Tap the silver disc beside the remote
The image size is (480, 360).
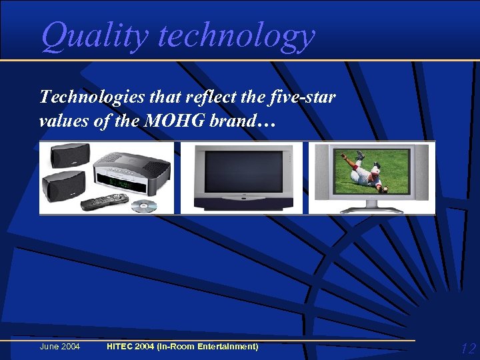[x=143, y=206]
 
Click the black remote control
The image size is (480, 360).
[x=105, y=201]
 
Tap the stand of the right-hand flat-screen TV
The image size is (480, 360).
[x=372, y=206]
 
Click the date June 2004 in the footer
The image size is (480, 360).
[x=60, y=347]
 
